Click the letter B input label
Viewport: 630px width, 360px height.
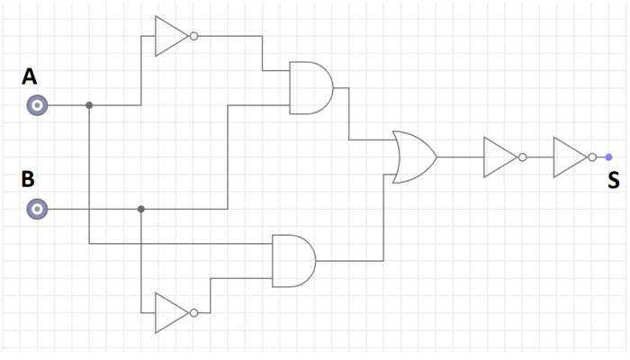(x=29, y=179)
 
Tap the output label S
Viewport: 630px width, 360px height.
(x=613, y=181)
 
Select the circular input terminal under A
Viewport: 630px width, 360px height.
(x=36, y=105)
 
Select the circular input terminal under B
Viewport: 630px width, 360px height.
(x=36, y=209)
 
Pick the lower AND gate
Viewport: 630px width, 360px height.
(x=293, y=261)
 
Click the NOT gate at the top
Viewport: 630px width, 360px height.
(x=170, y=36)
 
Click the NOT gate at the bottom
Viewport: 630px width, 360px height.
(x=170, y=313)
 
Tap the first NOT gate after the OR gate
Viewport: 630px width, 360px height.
(x=499, y=157)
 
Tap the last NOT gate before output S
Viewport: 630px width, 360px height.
(x=569, y=157)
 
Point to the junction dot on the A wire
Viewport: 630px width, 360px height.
(x=89, y=105)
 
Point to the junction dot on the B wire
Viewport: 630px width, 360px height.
(x=141, y=209)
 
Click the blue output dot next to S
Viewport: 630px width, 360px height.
(x=608, y=157)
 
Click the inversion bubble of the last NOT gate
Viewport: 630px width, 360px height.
(x=591, y=157)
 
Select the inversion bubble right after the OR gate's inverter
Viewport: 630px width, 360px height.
(x=522, y=157)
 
